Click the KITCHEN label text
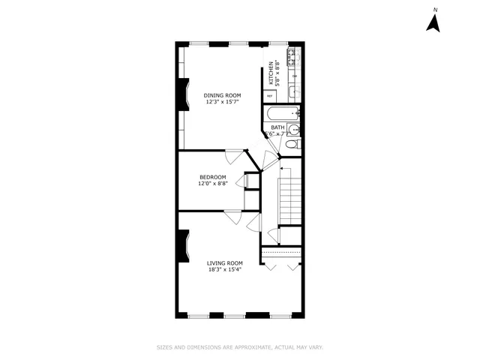tap(271, 73)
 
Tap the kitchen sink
tap(295, 91)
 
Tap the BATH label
tap(277, 128)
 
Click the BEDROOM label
tap(212, 177)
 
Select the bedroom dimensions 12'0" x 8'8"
tap(212, 184)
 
